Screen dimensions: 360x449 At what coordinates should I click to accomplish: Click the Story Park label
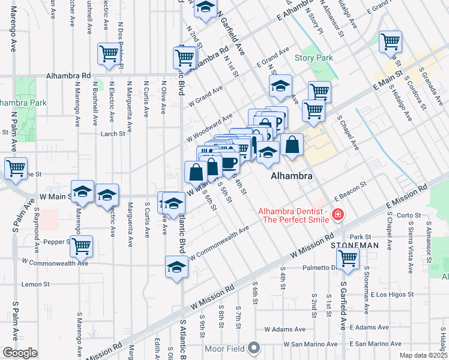tap(314, 58)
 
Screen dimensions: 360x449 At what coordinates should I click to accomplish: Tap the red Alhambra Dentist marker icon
tap(337, 214)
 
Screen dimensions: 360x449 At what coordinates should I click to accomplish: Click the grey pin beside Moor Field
tap(255, 347)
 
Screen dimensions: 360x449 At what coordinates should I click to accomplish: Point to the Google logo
tap(19, 353)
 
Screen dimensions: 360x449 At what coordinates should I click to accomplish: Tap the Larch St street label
tap(113, 134)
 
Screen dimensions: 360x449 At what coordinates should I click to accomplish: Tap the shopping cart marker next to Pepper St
tap(81, 245)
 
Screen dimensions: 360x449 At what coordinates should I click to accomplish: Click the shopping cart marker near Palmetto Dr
tap(348, 258)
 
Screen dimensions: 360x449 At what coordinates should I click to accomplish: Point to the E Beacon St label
tap(350, 192)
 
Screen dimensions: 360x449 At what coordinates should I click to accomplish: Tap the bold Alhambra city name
tap(292, 176)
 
